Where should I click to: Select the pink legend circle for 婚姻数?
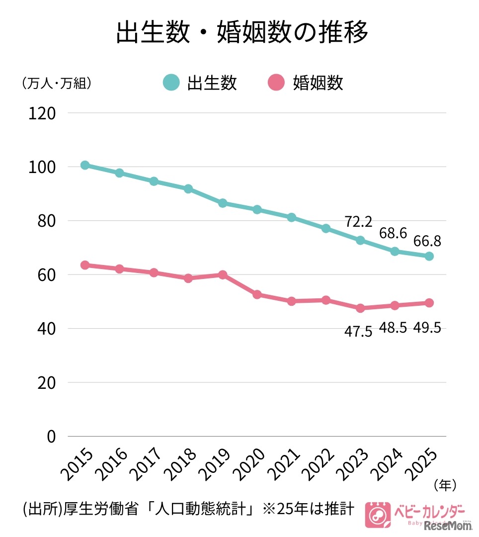click(x=276, y=83)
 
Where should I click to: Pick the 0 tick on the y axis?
click(x=51, y=437)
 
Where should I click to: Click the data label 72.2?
click(x=358, y=221)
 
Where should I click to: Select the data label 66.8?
click(x=426, y=241)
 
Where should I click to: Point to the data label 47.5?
click(x=358, y=331)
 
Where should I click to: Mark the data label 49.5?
click(x=426, y=328)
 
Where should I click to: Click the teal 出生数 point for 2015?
click(x=85, y=165)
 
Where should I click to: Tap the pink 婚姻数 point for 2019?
click(x=223, y=274)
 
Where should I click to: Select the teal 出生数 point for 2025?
click(x=429, y=256)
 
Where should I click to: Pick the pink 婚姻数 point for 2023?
click(x=360, y=308)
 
